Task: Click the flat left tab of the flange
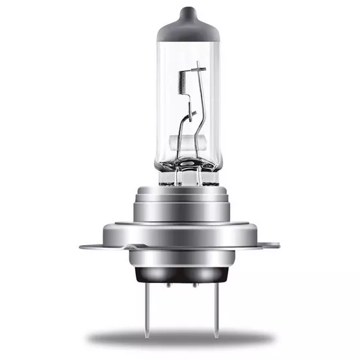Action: [98, 246]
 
